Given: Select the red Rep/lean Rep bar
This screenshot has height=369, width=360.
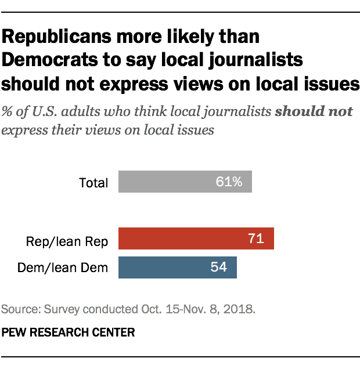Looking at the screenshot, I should pos(196,238).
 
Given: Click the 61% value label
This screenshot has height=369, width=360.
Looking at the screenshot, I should pos(229,182).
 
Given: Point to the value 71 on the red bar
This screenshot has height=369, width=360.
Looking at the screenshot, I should pos(256,238).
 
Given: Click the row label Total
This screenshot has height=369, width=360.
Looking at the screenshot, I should pos(93,183).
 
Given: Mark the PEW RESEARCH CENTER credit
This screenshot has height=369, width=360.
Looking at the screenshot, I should pos(69,332).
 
